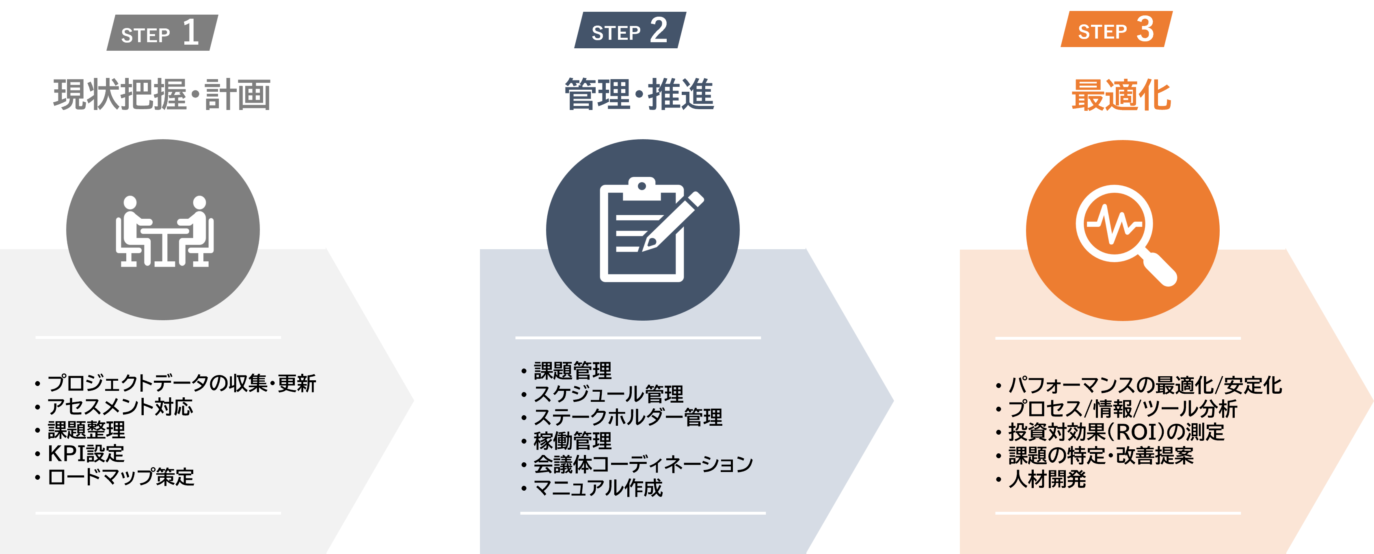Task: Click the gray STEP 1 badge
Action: pyautogui.click(x=162, y=33)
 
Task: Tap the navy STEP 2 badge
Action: pyautogui.click(x=630, y=31)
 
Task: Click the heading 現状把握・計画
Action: pyautogui.click(x=162, y=95)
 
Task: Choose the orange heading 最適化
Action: pyautogui.click(x=1121, y=95)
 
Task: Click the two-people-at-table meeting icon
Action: pyautogui.click(x=164, y=231)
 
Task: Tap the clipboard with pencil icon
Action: pyautogui.click(x=646, y=230)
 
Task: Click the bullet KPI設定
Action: pyautogui.click(x=86, y=454)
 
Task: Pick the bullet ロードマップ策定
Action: pyautogui.click(x=121, y=477)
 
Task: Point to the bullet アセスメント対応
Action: pyautogui.click(x=120, y=407)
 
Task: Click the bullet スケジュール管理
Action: pyautogui.click(x=608, y=394)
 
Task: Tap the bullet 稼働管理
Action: pyautogui.click(x=572, y=441)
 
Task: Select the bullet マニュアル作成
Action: pyautogui.click(x=598, y=488)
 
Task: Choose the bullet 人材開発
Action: pyautogui.click(x=1047, y=479)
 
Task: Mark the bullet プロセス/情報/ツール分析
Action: pyautogui.click(x=1122, y=408)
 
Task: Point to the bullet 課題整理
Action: pyautogui.click(x=86, y=430)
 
